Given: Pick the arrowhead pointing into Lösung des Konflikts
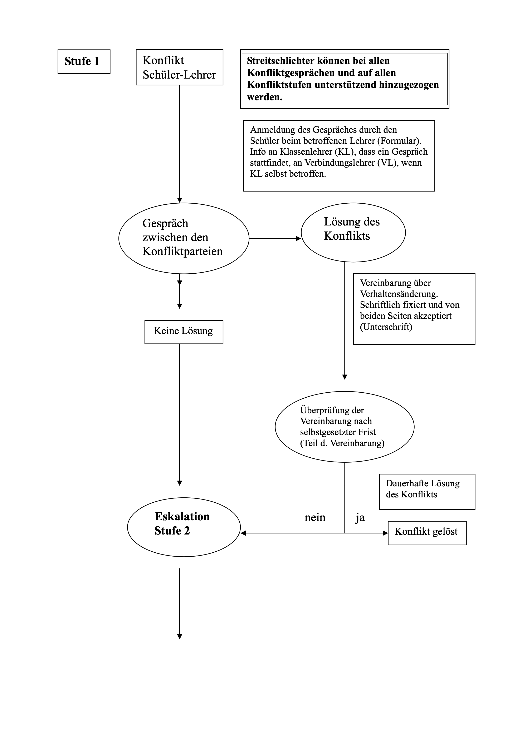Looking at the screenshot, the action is pyautogui.click(x=298, y=238).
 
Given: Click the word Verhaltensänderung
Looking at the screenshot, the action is pyautogui.click(x=399, y=294).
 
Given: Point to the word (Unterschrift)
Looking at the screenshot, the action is pyautogui.click(x=386, y=327).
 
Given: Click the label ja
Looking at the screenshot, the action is pyautogui.click(x=360, y=518).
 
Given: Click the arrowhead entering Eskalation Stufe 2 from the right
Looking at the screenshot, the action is pyautogui.click(x=243, y=533).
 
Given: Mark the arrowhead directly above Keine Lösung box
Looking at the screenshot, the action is pyautogui.click(x=179, y=306).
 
